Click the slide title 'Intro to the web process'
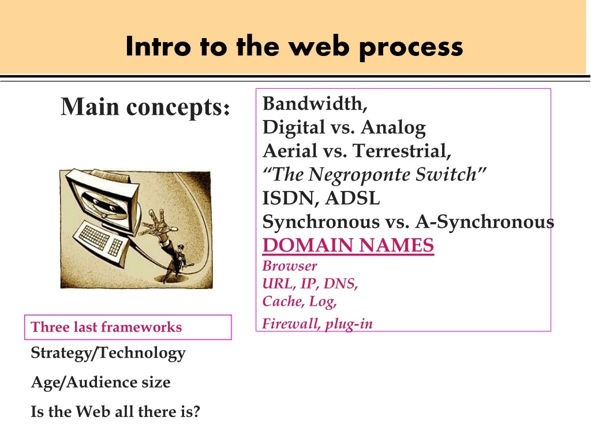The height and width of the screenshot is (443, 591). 294,46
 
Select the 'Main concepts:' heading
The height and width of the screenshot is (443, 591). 146,107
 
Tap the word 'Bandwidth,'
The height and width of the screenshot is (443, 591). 315,104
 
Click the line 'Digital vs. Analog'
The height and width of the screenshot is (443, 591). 344,127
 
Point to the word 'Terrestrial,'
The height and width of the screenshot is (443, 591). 402,151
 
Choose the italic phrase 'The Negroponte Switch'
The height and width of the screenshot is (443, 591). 375,174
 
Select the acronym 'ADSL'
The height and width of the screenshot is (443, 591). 353,198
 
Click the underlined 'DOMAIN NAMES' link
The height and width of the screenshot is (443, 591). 348,246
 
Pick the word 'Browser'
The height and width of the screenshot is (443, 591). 290,266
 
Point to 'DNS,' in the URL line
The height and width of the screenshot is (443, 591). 341,284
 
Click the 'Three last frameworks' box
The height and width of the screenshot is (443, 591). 128,327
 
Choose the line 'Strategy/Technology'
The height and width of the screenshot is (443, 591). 108,353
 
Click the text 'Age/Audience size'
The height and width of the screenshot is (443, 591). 100,382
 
